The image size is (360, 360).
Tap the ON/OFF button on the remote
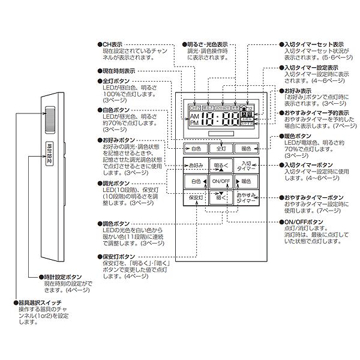[221, 181]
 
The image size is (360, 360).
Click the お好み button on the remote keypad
[196, 164]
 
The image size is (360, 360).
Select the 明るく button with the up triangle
[221, 164]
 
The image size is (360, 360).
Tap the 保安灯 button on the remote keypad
[196, 197]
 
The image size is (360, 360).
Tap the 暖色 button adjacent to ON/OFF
[246, 181]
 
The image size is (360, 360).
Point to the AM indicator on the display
[194, 115]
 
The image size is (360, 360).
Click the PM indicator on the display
[194, 122]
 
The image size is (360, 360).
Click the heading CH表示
[113, 44]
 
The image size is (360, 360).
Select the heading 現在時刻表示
[118, 71]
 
